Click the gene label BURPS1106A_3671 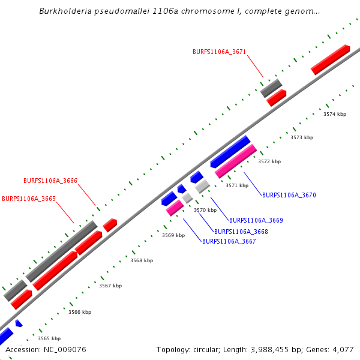(x=219, y=52)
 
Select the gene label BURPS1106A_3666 (x=50, y=181)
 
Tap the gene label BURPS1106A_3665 (x=29, y=199)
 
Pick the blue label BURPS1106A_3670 (x=289, y=195)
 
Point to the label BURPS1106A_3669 (x=256, y=220)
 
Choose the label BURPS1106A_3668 (x=241, y=232)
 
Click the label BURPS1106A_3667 (x=229, y=241)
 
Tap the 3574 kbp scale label (x=335, y=114)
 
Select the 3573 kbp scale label (x=302, y=137)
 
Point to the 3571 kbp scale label (x=236, y=185)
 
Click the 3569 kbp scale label (x=173, y=235)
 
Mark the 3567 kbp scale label (x=110, y=286)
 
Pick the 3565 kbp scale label (x=49, y=338)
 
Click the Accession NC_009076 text (x=46, y=349)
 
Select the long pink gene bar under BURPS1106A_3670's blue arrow (x=236, y=161)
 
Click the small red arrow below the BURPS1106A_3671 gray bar (x=277, y=98)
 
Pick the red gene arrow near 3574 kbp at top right (x=331, y=59)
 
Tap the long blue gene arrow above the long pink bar (x=230, y=152)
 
